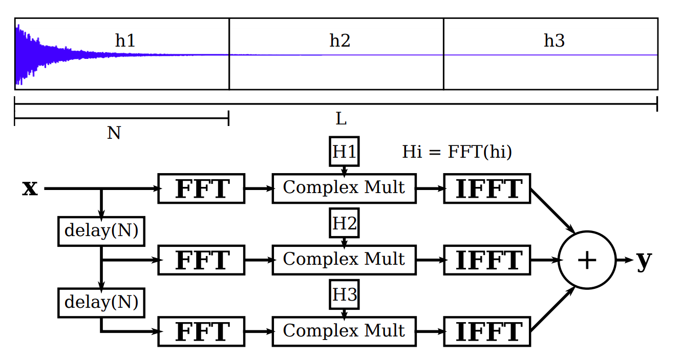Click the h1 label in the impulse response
[x=125, y=40]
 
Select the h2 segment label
[x=340, y=40]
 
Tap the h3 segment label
[x=554, y=40]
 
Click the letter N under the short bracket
[x=114, y=133]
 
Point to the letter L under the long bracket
[x=341, y=119]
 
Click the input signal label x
[x=30, y=188]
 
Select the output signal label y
[x=644, y=260]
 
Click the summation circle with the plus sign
[x=586, y=260]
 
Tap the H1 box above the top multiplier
[x=344, y=152]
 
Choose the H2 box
[x=344, y=223]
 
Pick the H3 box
[x=344, y=295]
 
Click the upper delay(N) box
[x=101, y=231]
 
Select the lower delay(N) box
[x=101, y=302]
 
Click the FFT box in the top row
[x=202, y=188]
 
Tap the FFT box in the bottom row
[x=202, y=331]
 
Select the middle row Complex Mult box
[x=344, y=260]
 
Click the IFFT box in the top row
[x=487, y=188]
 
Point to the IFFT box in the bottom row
[x=487, y=331]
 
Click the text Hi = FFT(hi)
[x=457, y=152]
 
